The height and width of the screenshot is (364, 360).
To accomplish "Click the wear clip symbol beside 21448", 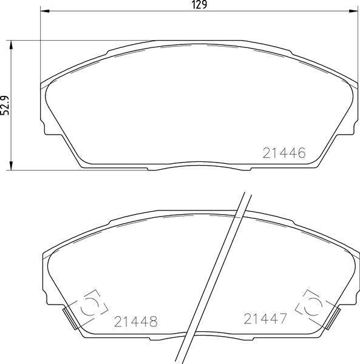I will (x=90, y=305).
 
